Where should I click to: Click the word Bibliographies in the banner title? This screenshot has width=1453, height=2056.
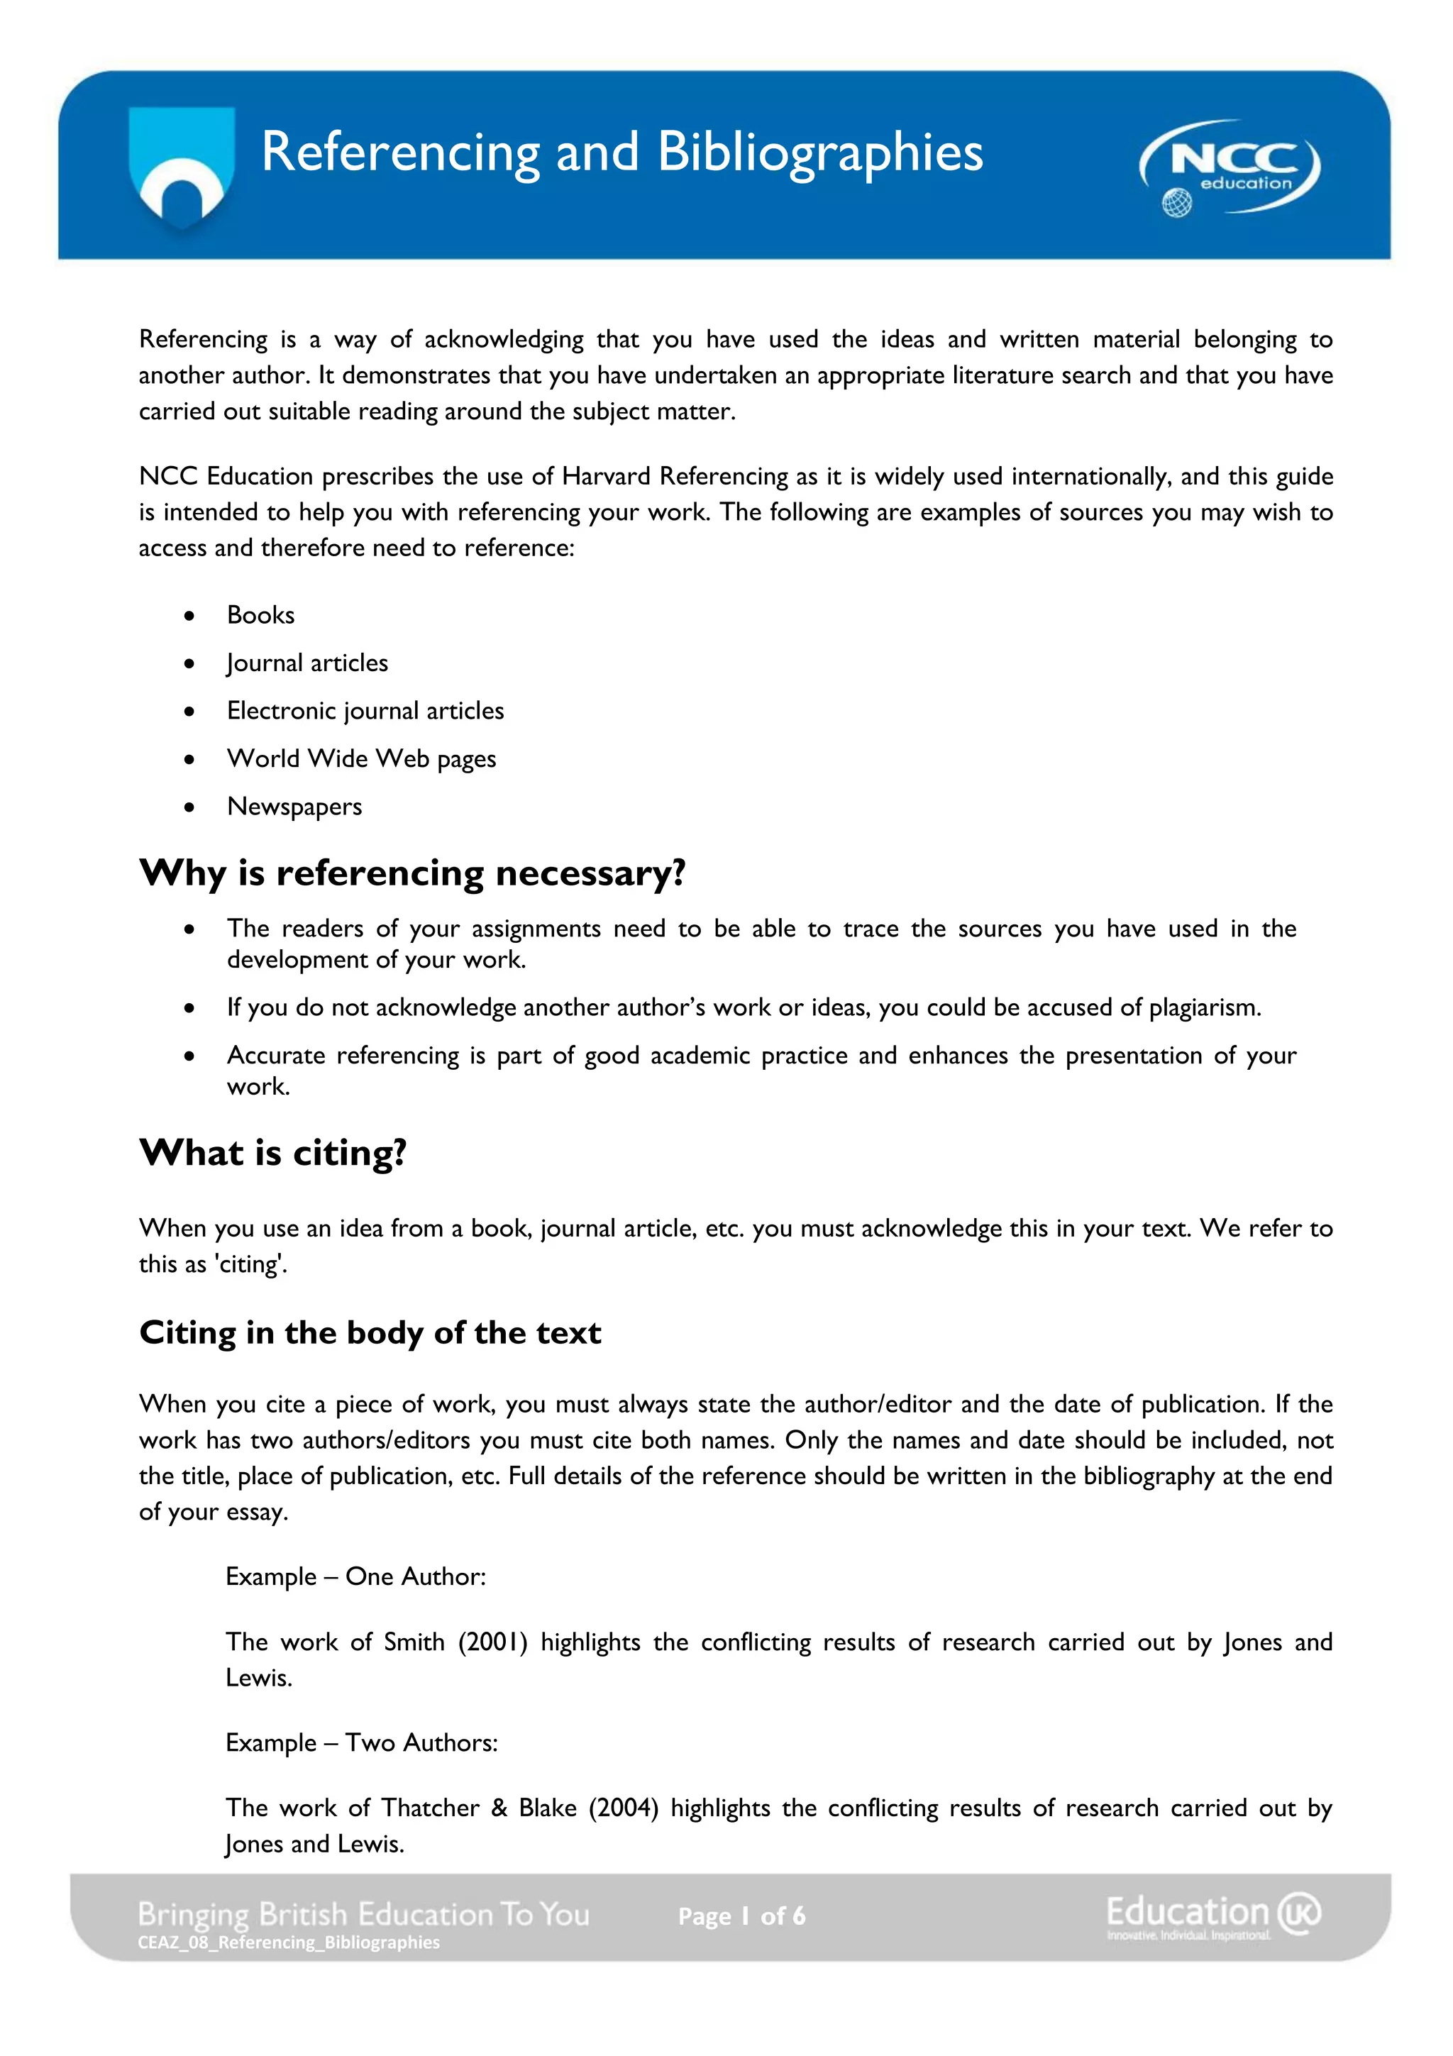[x=820, y=153]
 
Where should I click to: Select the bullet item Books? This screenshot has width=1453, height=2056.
[x=260, y=615]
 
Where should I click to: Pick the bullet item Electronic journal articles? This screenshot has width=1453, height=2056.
[x=365, y=711]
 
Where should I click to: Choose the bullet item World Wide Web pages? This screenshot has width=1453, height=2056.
[x=361, y=758]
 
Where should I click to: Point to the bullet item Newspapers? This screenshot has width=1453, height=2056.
[x=294, y=807]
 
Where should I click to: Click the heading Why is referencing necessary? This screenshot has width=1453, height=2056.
[x=413, y=873]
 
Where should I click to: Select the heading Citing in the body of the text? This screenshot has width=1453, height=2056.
[x=370, y=1332]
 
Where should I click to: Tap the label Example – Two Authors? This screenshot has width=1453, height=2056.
[x=362, y=1742]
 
